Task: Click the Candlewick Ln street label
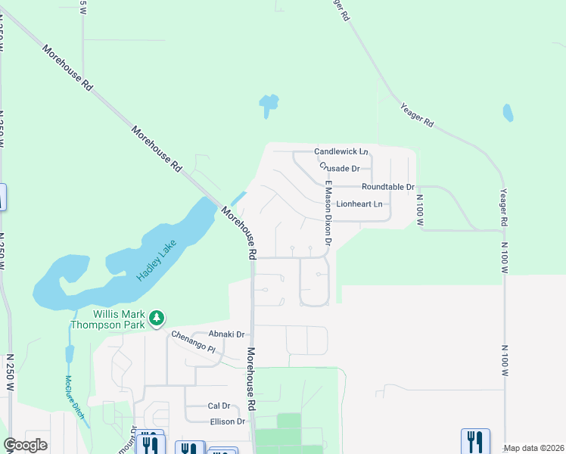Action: point(341,152)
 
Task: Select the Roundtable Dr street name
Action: point(388,187)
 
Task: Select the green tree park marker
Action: point(157,318)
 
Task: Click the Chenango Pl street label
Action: point(193,344)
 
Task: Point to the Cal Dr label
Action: point(218,406)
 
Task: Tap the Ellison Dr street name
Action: point(228,421)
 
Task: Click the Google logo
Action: point(25,445)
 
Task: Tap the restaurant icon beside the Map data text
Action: point(475,440)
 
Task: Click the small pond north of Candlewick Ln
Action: point(268,104)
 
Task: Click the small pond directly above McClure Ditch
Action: point(70,353)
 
